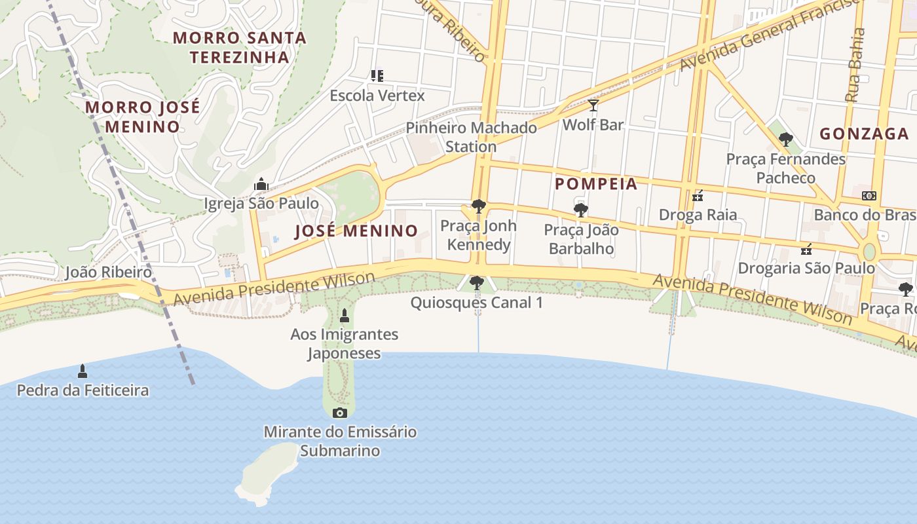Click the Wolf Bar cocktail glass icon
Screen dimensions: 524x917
click(x=593, y=105)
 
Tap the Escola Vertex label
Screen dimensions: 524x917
click(x=377, y=96)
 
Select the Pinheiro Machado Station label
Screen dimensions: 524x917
click(x=471, y=137)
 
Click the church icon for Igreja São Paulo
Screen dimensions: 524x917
click(x=261, y=184)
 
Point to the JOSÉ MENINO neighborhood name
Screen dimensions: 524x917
click(x=356, y=231)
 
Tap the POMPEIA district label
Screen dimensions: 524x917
click(x=596, y=183)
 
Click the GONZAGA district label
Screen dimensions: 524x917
click(x=864, y=134)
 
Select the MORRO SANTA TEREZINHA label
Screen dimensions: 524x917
click(x=240, y=47)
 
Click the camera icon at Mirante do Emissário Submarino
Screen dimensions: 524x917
click(x=339, y=413)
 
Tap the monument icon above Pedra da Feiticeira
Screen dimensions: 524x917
click(x=83, y=371)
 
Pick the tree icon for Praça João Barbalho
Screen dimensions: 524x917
click(x=580, y=210)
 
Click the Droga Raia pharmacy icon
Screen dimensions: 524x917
click(x=698, y=196)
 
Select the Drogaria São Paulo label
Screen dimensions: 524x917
click(x=806, y=268)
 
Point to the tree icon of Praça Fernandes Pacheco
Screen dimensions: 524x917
click(x=785, y=140)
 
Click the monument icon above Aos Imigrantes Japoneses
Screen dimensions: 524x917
click(x=345, y=316)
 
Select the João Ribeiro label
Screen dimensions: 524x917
click(x=108, y=272)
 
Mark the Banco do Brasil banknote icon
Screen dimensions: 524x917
click(x=869, y=196)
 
